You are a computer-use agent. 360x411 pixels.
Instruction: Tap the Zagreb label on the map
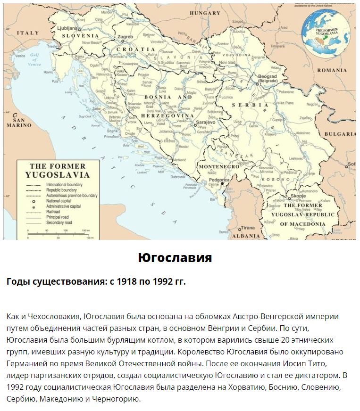125,36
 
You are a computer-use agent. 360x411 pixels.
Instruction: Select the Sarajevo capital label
205,122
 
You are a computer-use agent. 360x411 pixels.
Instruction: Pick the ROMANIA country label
332,70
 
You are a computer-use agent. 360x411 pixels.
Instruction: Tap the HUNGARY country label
204,13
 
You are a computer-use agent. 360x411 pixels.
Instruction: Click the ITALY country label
28,33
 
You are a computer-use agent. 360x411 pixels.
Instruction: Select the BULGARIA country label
340,134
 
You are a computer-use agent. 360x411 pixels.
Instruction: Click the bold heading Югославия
175,258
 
